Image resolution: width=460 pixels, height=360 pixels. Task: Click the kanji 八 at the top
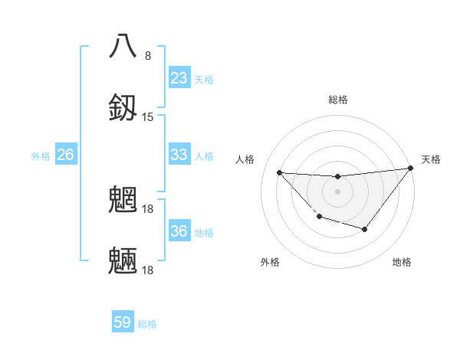point(123,45)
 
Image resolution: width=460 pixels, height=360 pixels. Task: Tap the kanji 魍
point(123,199)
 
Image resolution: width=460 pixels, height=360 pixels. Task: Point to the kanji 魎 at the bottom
point(123,260)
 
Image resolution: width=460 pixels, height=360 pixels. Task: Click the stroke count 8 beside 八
point(148,56)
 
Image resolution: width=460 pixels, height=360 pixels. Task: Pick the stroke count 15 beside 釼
point(148,117)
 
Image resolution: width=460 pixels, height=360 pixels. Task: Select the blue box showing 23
point(179,78)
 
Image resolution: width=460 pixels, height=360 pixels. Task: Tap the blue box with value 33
point(179,155)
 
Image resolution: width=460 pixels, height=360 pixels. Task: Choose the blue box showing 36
point(179,231)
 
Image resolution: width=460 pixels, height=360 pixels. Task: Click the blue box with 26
point(66,155)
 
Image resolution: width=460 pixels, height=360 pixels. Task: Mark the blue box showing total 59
point(123,322)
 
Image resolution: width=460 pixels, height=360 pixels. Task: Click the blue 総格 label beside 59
point(148,324)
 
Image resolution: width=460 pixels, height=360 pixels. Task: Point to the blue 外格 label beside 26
point(41,156)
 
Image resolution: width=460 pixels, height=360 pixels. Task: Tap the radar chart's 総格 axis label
point(337,100)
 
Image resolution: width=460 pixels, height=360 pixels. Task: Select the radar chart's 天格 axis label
point(431,159)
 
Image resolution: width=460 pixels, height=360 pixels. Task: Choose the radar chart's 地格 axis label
point(402,262)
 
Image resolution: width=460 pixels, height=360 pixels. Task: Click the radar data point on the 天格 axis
point(411,169)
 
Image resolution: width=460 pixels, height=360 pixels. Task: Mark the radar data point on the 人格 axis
point(279,172)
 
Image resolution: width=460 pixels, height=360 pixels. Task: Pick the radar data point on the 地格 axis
point(365,229)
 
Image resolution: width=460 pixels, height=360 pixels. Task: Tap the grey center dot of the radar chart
point(337,191)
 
